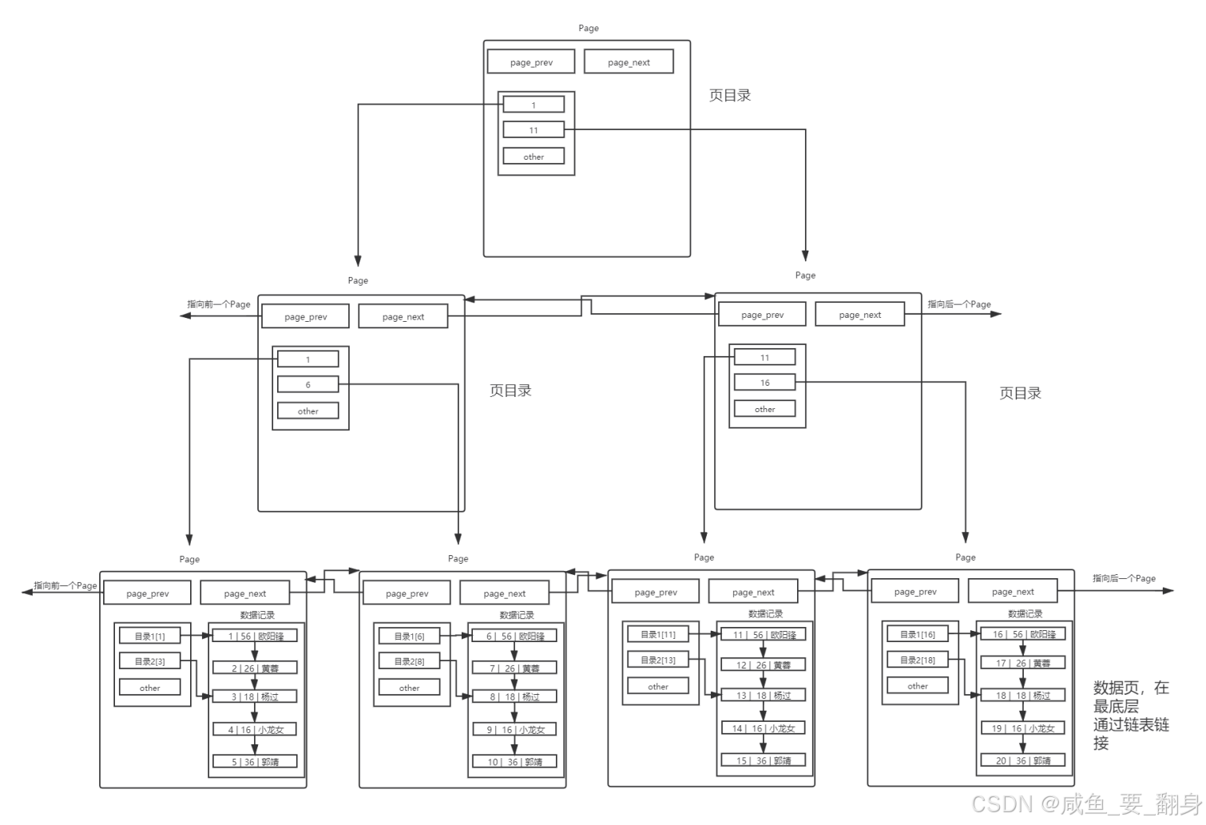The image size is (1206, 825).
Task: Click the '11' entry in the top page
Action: pyautogui.click(x=534, y=129)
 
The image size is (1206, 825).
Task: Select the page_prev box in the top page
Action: pyautogui.click(x=531, y=61)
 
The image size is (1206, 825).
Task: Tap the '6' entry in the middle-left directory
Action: pyautogui.click(x=307, y=384)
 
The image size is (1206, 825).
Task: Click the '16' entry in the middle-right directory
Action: pyautogui.click(x=764, y=383)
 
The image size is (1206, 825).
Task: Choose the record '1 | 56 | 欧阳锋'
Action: pyautogui.click(x=255, y=636)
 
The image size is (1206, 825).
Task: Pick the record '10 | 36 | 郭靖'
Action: pyautogui.click(x=514, y=761)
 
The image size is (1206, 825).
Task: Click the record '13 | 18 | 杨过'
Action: pyautogui.click(x=763, y=695)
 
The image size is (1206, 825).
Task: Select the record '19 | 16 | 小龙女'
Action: pyautogui.click(x=1022, y=728)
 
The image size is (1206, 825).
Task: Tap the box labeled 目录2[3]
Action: pyautogui.click(x=149, y=660)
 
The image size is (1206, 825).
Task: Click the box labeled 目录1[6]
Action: pyautogui.click(x=409, y=636)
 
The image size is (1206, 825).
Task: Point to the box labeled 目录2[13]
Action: pyautogui.click(x=657, y=660)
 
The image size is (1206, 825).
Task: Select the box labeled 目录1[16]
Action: pyautogui.click(x=917, y=634)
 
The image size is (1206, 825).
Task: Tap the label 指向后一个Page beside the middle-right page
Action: pyautogui.click(x=958, y=304)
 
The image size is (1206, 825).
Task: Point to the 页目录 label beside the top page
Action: pyautogui.click(x=730, y=95)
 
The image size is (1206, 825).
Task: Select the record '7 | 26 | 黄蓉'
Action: pyautogui.click(x=514, y=668)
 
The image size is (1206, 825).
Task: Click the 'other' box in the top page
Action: pyautogui.click(x=534, y=157)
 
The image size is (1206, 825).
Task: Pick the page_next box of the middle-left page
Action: pyautogui.click(x=403, y=316)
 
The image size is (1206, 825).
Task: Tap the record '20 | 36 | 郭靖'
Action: pyautogui.click(x=1022, y=760)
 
